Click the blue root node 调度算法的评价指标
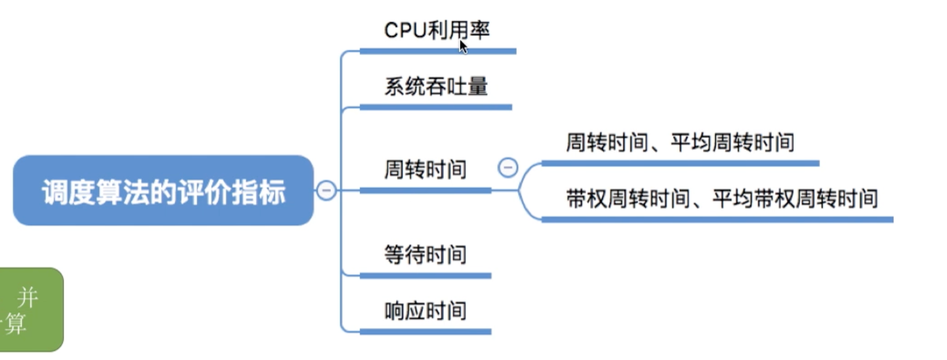pos(163,190)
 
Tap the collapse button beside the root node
pos(326,190)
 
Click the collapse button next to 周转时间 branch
pos(508,168)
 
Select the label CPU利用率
pos(437,30)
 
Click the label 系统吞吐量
pos(436,86)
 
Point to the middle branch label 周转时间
pos(425,170)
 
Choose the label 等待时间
pos(425,255)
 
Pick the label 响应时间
pos(425,311)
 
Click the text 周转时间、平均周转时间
pos(680,142)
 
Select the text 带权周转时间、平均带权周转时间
pos(722,198)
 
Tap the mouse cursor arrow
pos(464,47)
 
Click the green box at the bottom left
pos(31,309)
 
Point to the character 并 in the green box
pos(28,297)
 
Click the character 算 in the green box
pos(15,324)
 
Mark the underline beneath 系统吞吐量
pos(436,107)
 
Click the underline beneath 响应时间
pos(425,332)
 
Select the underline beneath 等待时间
pos(425,276)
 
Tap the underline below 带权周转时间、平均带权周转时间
pos(718,219)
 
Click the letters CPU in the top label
pos(406,30)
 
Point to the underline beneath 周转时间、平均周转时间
pos(681,163)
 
